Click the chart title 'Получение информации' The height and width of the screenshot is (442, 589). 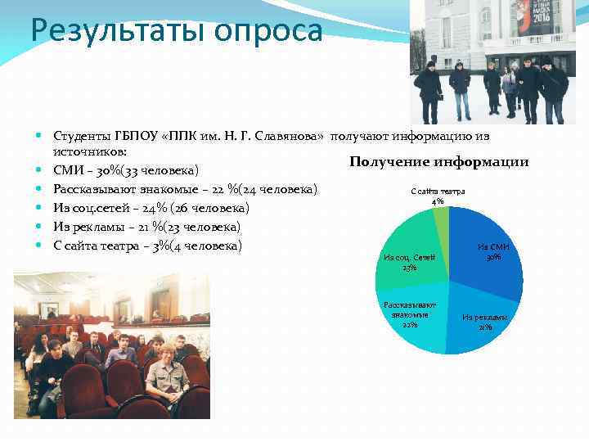click(x=438, y=162)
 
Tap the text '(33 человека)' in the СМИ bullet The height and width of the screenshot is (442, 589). click(x=158, y=171)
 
